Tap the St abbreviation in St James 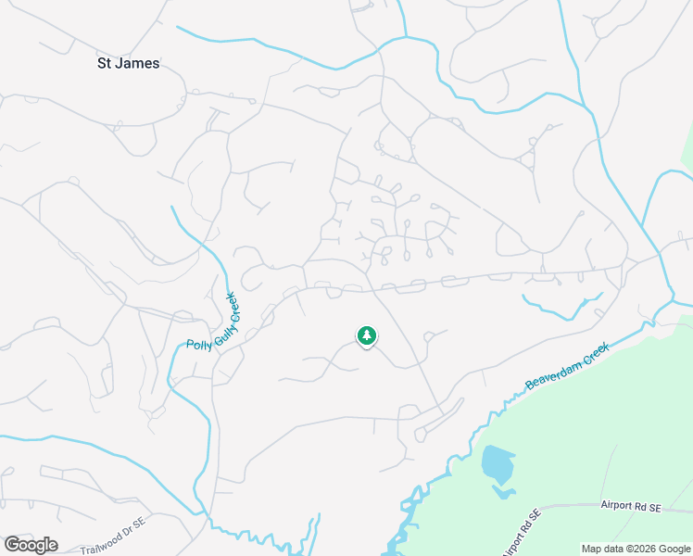pyautogui.click(x=105, y=64)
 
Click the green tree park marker pyautogui.click(x=367, y=335)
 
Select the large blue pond pyautogui.click(x=498, y=463)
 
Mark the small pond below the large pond pyautogui.click(x=503, y=491)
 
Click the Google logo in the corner pyautogui.click(x=31, y=545)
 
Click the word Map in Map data pyautogui.click(x=590, y=550)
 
